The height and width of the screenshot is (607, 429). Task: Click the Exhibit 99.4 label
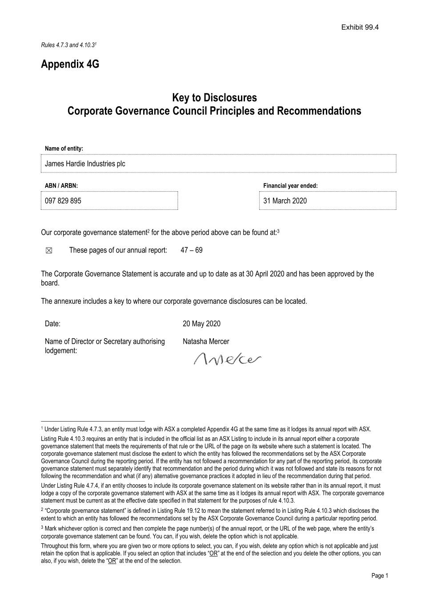(360, 27)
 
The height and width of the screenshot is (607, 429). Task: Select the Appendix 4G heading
(70, 64)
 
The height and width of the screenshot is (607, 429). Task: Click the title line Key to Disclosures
(214, 97)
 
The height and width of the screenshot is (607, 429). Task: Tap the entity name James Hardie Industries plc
(85, 164)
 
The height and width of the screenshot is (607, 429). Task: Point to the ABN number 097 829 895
(63, 201)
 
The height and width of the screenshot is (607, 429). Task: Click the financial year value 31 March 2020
(285, 201)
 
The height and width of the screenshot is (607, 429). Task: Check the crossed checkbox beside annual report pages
(49, 251)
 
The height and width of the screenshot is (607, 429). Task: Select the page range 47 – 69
(191, 250)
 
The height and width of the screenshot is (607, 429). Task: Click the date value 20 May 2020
(201, 324)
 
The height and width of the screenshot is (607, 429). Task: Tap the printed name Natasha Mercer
(206, 342)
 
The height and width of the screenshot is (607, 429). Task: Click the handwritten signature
(227, 358)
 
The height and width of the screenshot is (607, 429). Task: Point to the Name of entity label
(64, 149)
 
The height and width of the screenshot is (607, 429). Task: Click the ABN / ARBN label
(61, 186)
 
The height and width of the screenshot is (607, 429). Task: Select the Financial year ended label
(290, 186)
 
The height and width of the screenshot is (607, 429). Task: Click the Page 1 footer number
(380, 575)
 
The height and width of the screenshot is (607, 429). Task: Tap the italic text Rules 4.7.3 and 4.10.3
(68, 45)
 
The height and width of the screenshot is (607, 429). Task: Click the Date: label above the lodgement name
(52, 324)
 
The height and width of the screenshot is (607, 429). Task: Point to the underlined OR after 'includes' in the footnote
(213, 554)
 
